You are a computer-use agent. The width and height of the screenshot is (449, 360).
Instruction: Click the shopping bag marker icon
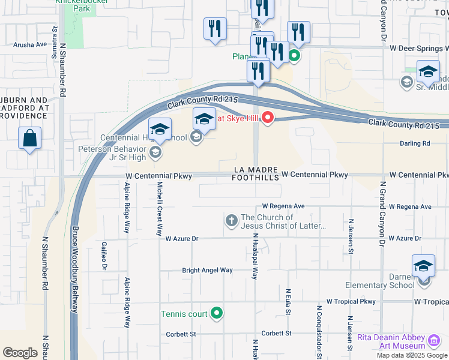pyautogui.click(x=29, y=139)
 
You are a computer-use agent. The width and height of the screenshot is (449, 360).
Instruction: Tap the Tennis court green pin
pyautogui.click(x=217, y=313)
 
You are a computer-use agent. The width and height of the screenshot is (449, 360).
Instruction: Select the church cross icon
pyautogui.click(x=232, y=221)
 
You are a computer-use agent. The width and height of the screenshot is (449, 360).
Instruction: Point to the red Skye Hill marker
pyautogui.click(x=267, y=118)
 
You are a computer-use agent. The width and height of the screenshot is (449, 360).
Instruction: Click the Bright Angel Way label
pyautogui.click(x=207, y=270)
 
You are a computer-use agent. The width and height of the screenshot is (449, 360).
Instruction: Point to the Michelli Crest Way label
pyautogui.click(x=160, y=208)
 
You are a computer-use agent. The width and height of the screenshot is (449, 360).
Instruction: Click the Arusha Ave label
pyautogui.click(x=30, y=44)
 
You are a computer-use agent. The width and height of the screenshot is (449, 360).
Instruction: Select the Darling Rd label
pyautogui.click(x=415, y=143)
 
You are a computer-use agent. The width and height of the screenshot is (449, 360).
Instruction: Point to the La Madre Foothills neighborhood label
pyautogui.click(x=256, y=173)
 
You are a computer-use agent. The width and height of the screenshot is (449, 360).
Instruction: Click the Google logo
pyautogui.click(x=20, y=353)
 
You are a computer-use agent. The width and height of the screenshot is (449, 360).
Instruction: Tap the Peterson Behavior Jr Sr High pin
pyautogui.click(x=155, y=152)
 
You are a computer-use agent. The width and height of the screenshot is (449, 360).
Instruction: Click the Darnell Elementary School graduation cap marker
pyautogui.click(x=423, y=266)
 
